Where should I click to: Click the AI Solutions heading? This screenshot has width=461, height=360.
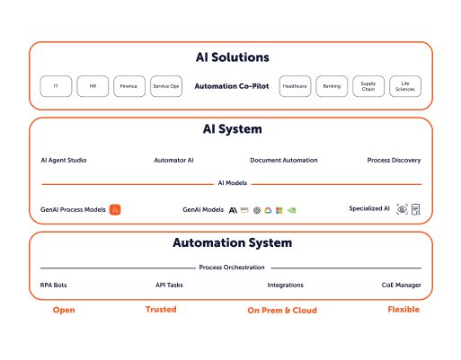pyautogui.click(x=232, y=57)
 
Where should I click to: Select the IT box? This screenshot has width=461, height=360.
pyautogui.click(x=56, y=86)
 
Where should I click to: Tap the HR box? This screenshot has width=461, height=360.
pyautogui.click(x=93, y=86)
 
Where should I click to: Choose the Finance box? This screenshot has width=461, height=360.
pyautogui.click(x=129, y=86)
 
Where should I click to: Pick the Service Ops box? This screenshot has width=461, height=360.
pyautogui.click(x=166, y=86)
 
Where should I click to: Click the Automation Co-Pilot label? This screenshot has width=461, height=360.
pyautogui.click(x=232, y=86)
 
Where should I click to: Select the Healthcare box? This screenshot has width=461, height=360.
pyautogui.click(x=295, y=86)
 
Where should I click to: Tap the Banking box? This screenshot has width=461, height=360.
pyautogui.click(x=332, y=86)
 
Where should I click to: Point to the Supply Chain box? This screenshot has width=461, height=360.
pyautogui.click(x=368, y=86)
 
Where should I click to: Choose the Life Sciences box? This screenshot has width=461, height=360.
pyautogui.click(x=405, y=86)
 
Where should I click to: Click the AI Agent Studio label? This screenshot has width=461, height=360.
pyautogui.click(x=64, y=161)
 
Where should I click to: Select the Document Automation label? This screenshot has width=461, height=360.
pyautogui.click(x=284, y=161)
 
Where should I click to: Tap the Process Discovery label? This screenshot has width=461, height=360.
pyautogui.click(x=394, y=161)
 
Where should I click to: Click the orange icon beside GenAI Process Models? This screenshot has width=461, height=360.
pyautogui.click(x=115, y=209)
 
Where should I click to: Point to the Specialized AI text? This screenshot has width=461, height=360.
pyautogui.click(x=369, y=208)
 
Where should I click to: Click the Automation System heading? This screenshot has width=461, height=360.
pyautogui.click(x=232, y=243)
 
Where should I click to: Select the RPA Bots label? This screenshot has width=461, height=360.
pyautogui.click(x=54, y=285)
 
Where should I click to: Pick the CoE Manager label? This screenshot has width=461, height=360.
pyautogui.click(x=401, y=285)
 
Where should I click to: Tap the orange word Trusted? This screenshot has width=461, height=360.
pyautogui.click(x=160, y=310)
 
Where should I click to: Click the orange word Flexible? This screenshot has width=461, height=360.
pyautogui.click(x=403, y=310)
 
